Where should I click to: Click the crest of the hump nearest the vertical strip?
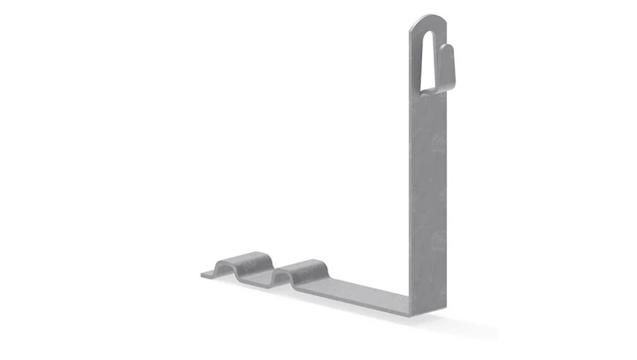click(x=305, y=264)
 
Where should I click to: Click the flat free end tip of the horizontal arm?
click(x=206, y=274)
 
